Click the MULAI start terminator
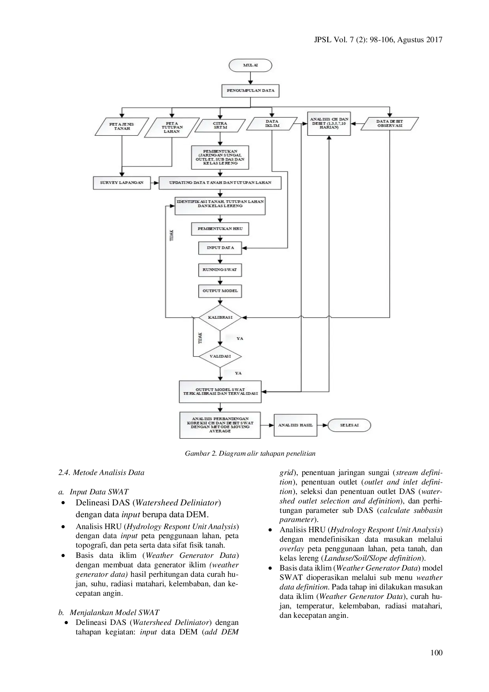pyautogui.click(x=250, y=65)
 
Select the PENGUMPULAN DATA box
pyautogui.click(x=250, y=91)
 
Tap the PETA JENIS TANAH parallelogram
pyautogui.click(x=122, y=126)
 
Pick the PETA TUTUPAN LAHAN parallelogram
pyautogui.click(x=172, y=127)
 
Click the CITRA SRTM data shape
pyautogui.click(x=220, y=125)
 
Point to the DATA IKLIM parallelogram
pyautogui.click(x=272, y=123)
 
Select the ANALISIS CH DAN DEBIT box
pyautogui.click(x=329, y=123)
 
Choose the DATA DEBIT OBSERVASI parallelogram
pyautogui.click(x=390, y=123)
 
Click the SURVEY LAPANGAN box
pyautogui.click(x=121, y=183)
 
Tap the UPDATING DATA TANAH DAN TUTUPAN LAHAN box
pyautogui.click(x=220, y=183)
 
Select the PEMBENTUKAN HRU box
pyautogui.click(x=220, y=229)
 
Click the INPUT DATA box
pyautogui.click(x=220, y=248)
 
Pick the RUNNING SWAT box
pyautogui.click(x=220, y=270)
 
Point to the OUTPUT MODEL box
pyautogui.click(x=220, y=291)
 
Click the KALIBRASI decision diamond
pyautogui.click(x=220, y=317)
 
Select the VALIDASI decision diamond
pyautogui.click(x=220, y=356)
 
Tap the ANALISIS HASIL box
pyautogui.click(x=295, y=425)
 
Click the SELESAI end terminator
pyautogui.click(x=349, y=425)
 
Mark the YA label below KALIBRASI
pyautogui.click(x=240, y=339)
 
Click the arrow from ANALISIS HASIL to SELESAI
pyautogui.click(x=323, y=425)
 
